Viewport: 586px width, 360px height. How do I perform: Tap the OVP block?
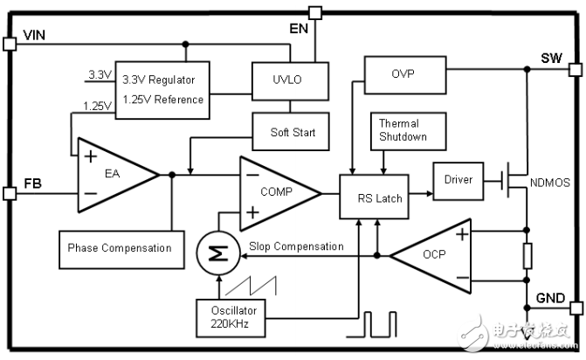coord(403,73)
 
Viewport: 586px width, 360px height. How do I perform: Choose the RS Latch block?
coord(379,197)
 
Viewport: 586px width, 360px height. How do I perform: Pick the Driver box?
coord(458,180)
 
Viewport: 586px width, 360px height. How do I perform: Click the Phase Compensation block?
coord(120,248)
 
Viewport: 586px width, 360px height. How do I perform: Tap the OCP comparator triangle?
coord(432,256)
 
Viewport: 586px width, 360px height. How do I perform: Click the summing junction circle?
coord(212,253)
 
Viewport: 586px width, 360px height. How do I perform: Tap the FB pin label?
coord(32,183)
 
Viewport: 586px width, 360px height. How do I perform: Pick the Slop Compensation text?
coord(295,246)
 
